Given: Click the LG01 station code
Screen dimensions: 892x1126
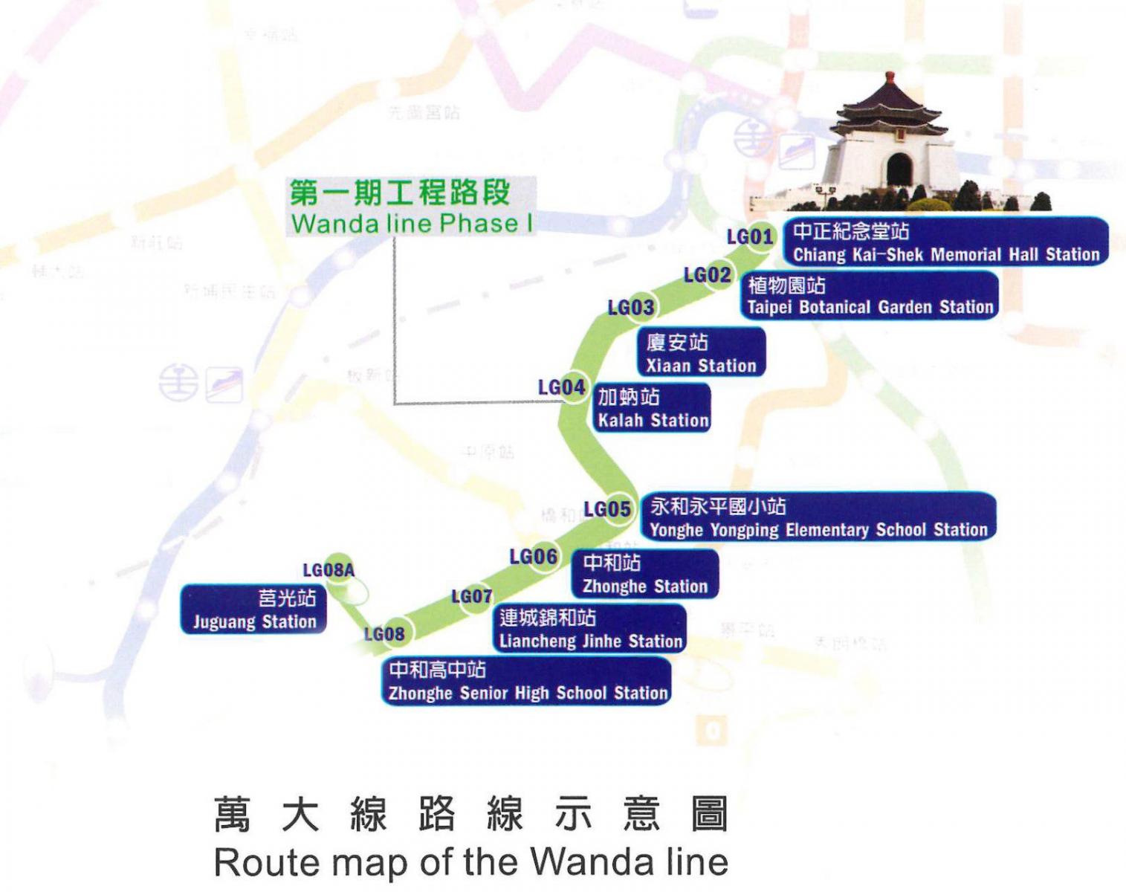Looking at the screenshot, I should pyautogui.click(x=750, y=237).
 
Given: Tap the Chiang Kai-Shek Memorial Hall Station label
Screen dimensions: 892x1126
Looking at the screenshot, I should pyautogui.click(x=945, y=242).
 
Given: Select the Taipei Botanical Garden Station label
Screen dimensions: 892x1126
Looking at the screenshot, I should pyautogui.click(x=869, y=296).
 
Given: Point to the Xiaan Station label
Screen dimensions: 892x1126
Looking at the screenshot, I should pyautogui.click(x=701, y=353).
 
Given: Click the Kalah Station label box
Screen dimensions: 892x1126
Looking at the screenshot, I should pyautogui.click(x=653, y=408).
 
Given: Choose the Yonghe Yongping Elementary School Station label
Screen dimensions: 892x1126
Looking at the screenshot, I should pyautogui.click(x=818, y=517).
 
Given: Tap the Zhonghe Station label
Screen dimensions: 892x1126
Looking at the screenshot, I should pyautogui.click(x=644, y=574).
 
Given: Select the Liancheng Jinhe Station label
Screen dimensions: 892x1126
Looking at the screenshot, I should pyautogui.click(x=590, y=629).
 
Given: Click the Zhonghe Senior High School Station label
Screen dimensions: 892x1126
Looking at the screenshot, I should pyautogui.click(x=528, y=681).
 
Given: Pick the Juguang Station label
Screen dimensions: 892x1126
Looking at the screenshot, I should pyautogui.click(x=254, y=610).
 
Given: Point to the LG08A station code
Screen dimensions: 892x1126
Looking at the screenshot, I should pyautogui.click(x=329, y=570).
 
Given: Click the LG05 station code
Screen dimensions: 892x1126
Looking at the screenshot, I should pyautogui.click(x=607, y=509).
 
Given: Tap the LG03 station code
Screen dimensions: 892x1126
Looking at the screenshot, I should pyautogui.click(x=631, y=307).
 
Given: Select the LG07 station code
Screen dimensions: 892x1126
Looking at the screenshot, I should pyautogui.click(x=472, y=596).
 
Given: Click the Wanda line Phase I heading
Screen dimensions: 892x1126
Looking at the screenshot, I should pyautogui.click(x=411, y=207).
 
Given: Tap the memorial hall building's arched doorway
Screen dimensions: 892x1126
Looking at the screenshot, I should pyautogui.click(x=899, y=169).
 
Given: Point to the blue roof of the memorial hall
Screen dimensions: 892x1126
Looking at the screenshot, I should pyautogui.click(x=889, y=104).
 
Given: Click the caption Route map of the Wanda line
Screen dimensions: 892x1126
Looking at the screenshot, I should pyautogui.click(x=470, y=862).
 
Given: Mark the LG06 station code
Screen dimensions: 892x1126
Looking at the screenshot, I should pyautogui.click(x=533, y=556).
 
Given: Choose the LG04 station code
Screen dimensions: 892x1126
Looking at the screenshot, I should pyautogui.click(x=561, y=387).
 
